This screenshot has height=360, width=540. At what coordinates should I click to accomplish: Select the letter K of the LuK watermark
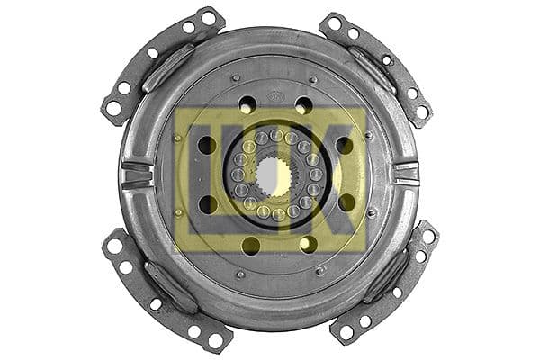343,175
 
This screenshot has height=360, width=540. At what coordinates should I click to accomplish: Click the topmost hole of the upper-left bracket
208,17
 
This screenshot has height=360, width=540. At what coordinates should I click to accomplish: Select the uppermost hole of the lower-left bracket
113,244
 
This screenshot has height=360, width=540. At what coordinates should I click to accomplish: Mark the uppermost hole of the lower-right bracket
428,236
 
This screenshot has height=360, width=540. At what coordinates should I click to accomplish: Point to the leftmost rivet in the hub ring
237,175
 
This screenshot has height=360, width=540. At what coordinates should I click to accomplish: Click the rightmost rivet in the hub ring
315,175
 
